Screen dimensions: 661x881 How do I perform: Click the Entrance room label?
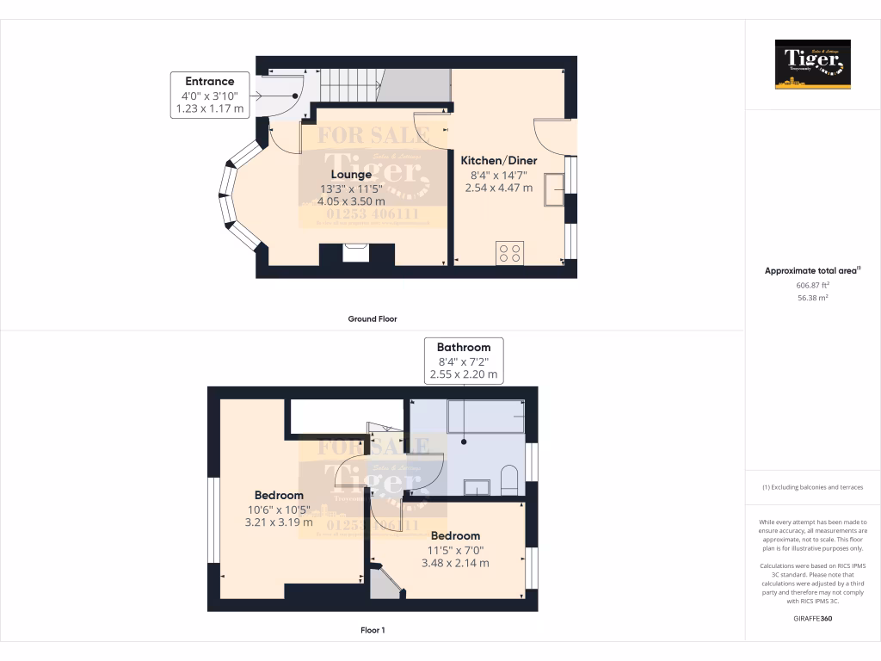pos(210,81)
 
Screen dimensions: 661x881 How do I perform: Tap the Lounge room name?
pos(350,175)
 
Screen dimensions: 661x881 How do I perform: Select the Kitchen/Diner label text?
pos(499,161)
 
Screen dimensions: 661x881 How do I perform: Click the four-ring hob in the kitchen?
pos(508,253)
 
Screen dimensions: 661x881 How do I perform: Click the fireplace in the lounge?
pos(356,253)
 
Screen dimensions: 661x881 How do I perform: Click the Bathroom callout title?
pos(463,348)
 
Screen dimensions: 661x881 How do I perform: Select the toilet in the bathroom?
pos(508,480)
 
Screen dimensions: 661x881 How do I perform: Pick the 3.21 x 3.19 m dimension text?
pos(279,522)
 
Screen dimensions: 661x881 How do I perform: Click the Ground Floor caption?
pos(373,319)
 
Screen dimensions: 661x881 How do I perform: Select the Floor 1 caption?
pos(373,630)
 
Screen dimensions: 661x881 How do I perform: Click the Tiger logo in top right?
pos(812,65)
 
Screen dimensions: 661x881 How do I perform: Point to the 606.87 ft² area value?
pos(812,285)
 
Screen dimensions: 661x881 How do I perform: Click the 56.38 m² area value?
pos(812,298)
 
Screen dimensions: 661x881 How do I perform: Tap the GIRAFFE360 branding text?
pos(812,618)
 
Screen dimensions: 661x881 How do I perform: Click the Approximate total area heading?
pos(811,270)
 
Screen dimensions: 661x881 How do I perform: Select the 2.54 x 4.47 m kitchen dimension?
pos(498,188)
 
